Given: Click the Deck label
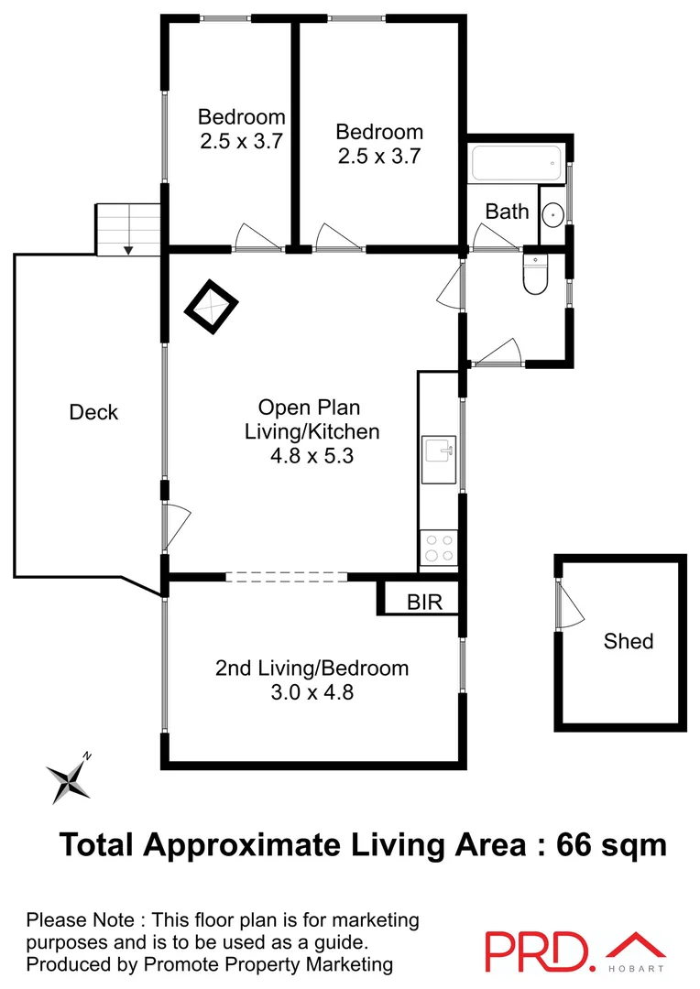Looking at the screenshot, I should tap(93, 413).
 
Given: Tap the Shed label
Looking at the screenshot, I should tap(629, 641).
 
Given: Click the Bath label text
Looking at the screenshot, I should tap(507, 212).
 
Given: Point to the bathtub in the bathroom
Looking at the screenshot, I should tap(514, 165).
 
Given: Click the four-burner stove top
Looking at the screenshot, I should tap(439, 548).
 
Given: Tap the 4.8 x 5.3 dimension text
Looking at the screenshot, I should tap(312, 455).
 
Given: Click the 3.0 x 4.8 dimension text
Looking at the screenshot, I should tap(312, 692).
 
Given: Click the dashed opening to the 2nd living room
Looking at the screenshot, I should tap(286, 577).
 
